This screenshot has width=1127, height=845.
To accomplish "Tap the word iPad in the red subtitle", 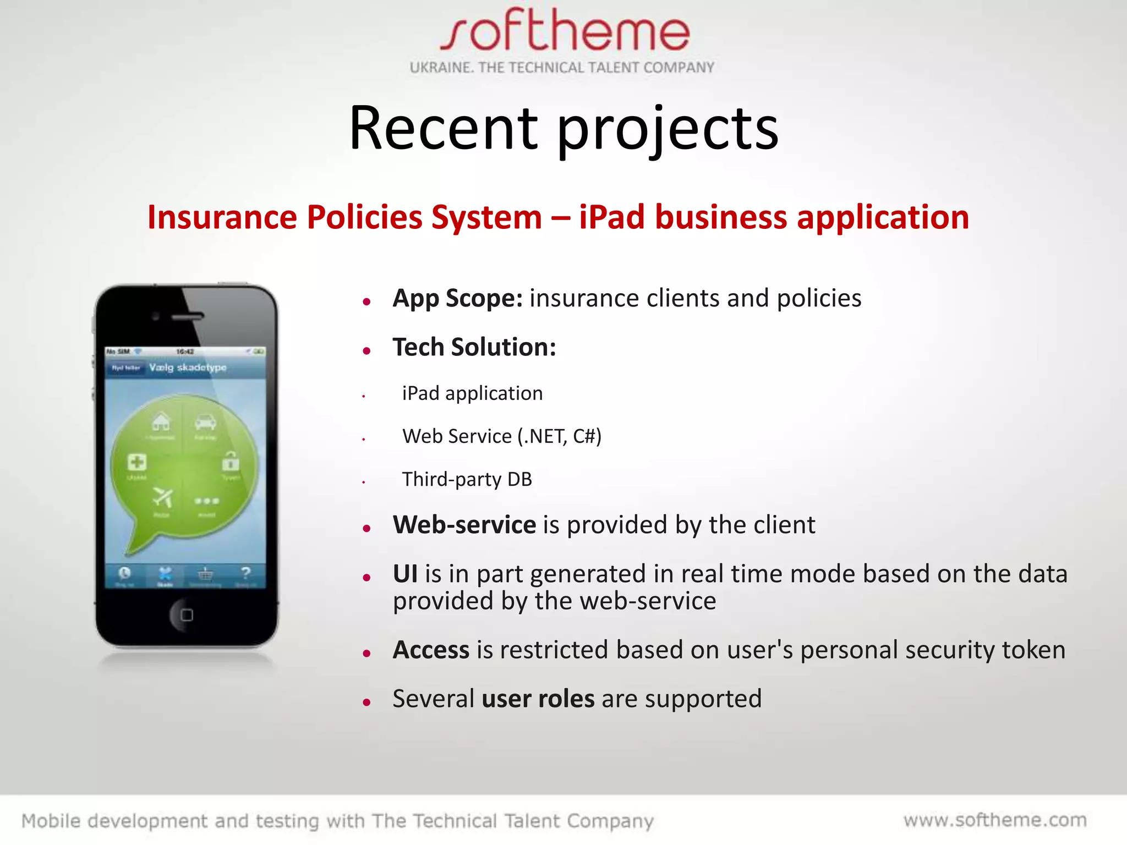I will pos(611,217).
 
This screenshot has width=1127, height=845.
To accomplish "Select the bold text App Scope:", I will pos(457,299).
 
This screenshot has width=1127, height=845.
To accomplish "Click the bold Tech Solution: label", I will pos(474,347).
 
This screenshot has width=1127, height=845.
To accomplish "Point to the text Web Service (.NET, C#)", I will pos(501,436).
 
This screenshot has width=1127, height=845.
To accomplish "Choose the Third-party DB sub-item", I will pos(467,479).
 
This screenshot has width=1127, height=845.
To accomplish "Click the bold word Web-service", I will pos(464,525).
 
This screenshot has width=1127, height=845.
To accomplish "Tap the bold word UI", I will pos(405,574).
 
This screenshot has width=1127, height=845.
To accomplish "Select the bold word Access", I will pos(431,650).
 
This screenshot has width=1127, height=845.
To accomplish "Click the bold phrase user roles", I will pos(538,699).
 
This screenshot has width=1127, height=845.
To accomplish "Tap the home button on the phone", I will pos(187,614).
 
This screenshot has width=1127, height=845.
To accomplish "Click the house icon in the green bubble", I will pos(161,422).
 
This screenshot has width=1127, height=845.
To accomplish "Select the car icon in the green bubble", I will pos(205,422).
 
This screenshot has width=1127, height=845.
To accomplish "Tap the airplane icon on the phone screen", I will pos(162,497).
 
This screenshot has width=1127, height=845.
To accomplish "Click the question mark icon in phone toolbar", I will pos(245,573).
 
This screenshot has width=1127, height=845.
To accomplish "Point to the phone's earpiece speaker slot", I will pos(187,317).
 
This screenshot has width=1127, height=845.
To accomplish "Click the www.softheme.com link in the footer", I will pos(995,820).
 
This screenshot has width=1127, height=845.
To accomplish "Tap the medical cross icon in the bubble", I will pos(136,462).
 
